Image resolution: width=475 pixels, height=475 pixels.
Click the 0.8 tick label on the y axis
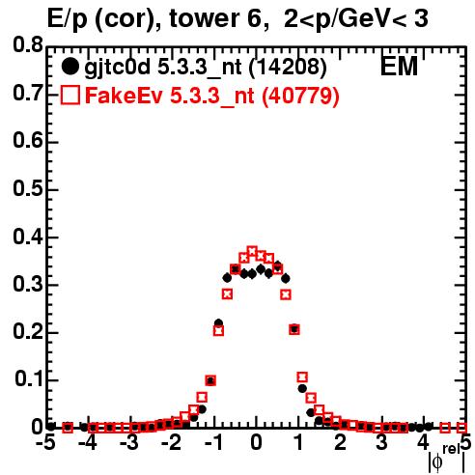coord(28,45)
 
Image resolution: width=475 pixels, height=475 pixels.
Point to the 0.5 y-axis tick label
coord(28,188)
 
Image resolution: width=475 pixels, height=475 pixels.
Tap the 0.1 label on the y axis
coord(29,379)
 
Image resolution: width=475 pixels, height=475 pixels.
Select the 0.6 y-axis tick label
coord(28,141)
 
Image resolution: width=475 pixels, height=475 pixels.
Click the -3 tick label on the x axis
coord(128,443)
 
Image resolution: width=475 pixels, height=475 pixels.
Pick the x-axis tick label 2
coord(340,443)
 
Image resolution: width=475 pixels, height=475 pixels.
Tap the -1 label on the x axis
coord(213,443)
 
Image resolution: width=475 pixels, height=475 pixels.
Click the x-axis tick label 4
coord(424,443)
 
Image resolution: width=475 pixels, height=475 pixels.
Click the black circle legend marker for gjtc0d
coord(70,67)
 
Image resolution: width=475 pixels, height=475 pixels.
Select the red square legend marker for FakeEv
coord(70,95)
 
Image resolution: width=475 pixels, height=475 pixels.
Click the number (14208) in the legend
coord(288,67)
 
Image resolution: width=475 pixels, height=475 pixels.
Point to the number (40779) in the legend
coord(300,96)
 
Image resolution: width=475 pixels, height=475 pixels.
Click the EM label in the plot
coord(399,67)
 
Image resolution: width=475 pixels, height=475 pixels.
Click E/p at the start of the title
coord(68,19)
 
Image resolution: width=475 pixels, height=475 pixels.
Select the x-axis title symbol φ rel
coord(447,460)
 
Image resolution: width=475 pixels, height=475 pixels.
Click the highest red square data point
coord(252,251)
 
